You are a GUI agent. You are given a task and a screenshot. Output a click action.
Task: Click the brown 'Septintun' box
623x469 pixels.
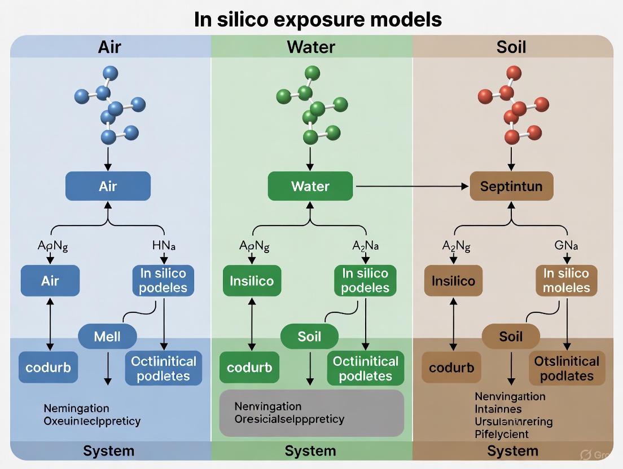tap(511, 186)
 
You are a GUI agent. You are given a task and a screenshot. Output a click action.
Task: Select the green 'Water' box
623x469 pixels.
tap(310, 186)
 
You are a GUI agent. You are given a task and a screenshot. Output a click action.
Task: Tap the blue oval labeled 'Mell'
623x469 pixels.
tap(107, 337)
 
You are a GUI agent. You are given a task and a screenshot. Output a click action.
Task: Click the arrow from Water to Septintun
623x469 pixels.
tap(412, 185)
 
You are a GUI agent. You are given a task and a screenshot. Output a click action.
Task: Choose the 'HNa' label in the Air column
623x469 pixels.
tap(164, 246)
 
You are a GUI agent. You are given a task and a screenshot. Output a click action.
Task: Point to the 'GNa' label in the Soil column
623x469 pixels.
tap(567, 246)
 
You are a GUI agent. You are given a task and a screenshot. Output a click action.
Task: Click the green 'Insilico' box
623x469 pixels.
tap(252, 281)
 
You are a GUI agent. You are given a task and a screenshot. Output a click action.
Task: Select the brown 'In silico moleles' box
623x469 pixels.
tap(567, 281)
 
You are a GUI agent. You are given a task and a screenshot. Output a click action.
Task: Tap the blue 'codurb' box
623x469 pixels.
tap(48, 368)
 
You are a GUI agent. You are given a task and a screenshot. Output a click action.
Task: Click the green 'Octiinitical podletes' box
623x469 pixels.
tap(366, 369)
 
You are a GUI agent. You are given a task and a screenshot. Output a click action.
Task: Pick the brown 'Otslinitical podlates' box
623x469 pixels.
tap(567, 369)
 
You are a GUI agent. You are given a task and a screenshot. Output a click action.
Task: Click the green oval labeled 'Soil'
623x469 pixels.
tap(309, 337)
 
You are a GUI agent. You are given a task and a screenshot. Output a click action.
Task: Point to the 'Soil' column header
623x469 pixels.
tap(511, 46)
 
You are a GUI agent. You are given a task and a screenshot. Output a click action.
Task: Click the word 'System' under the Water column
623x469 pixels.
tap(310, 451)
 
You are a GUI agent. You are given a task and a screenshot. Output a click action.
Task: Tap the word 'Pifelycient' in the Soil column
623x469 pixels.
tap(502, 434)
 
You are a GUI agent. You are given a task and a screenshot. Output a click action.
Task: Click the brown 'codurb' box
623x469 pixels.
tap(451, 368)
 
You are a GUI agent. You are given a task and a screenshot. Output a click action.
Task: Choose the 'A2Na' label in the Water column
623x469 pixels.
tap(366, 246)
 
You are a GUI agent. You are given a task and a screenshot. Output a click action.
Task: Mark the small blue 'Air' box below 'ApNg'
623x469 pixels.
tap(50, 281)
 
